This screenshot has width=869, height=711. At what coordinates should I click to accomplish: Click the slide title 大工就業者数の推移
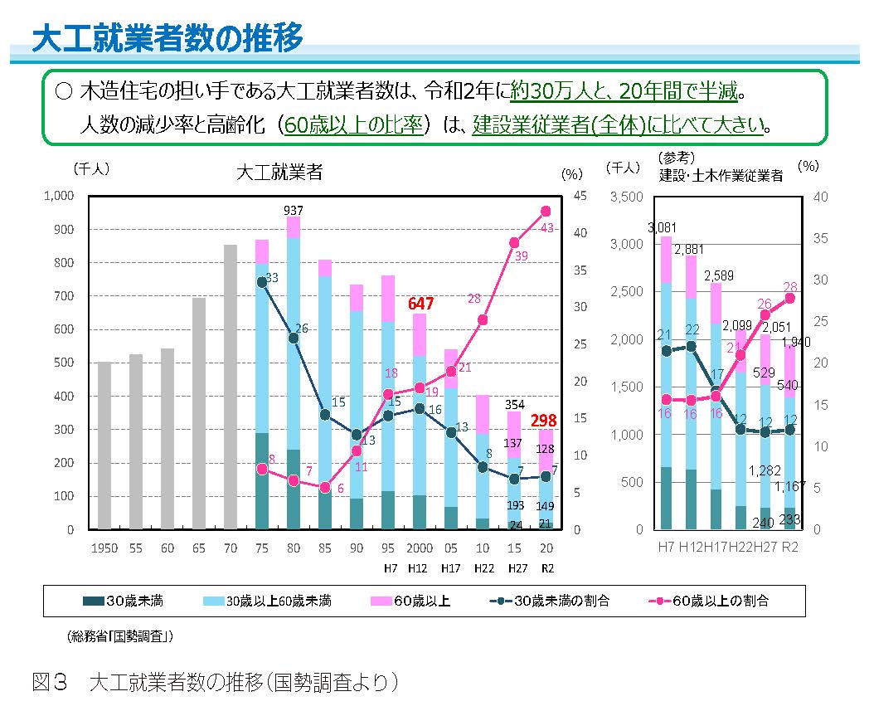point(167,38)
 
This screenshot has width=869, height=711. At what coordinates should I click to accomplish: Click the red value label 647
point(421,304)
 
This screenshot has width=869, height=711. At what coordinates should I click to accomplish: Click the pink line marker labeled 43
point(546,211)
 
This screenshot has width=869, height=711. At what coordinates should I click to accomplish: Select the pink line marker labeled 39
point(514,242)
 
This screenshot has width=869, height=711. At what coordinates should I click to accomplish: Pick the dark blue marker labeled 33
point(262,282)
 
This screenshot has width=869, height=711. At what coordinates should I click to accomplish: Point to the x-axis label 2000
point(420,548)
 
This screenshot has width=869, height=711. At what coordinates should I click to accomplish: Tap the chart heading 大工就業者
point(279,173)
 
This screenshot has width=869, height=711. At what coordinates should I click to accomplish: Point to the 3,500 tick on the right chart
point(627,197)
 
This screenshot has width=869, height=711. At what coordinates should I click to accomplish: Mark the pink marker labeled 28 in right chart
point(790,298)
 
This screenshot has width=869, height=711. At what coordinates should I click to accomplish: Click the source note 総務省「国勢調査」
point(120,637)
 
